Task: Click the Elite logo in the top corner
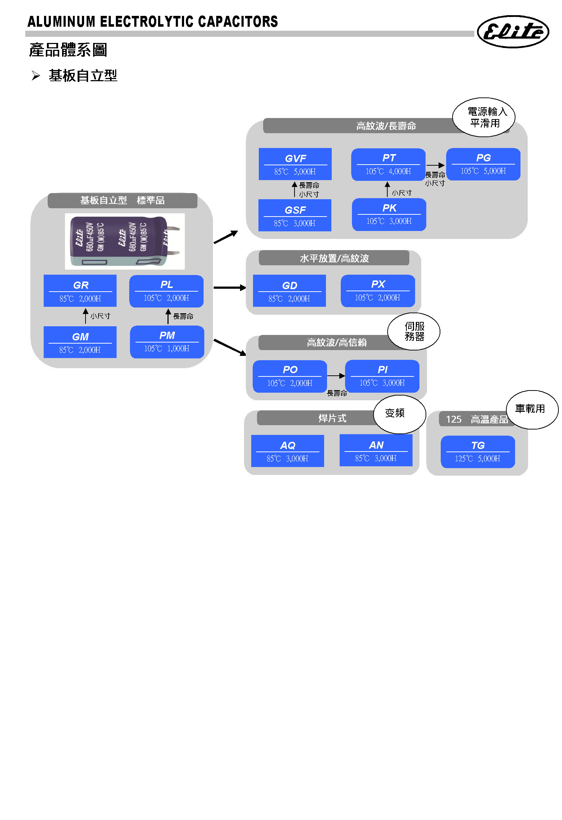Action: pos(513,31)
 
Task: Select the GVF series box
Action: pos(295,164)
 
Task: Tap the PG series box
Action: pos(483,164)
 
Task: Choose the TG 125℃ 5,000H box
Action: pos(478,452)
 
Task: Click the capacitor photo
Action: pos(125,241)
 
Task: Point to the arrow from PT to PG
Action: pos(435,165)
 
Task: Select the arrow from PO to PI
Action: pos(336,376)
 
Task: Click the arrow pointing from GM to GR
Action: pos(86,316)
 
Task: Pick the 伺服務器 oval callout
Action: pos(414,331)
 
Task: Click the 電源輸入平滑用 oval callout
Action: pos(484,117)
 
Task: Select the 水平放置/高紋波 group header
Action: pos(334,258)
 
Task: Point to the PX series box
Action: pos(378,291)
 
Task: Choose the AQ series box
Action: pos(287,451)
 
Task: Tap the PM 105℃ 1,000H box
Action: pos(167,342)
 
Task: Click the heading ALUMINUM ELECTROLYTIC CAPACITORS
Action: pos(153,22)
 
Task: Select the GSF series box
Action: pos(295,215)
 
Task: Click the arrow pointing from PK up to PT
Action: pos(387,189)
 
